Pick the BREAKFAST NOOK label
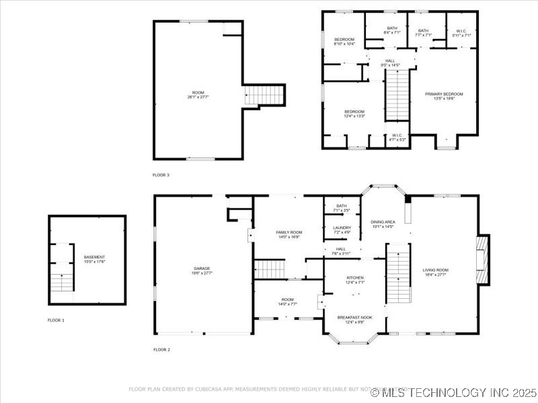pos(354,318)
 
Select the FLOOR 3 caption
pos(161,175)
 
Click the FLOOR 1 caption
pos(56,320)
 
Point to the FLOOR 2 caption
pos(161,349)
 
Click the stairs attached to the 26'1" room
pos(265,95)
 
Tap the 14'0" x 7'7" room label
pos(287,302)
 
